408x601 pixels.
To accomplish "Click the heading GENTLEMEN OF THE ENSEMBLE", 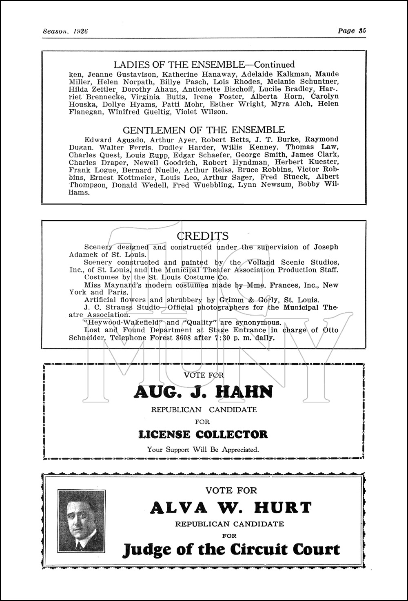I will coord(204,130).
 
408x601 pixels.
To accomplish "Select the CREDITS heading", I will coord(203,236).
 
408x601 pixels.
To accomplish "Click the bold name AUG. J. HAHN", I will coord(203,392).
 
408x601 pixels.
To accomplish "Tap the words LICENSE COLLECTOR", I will coord(203,434).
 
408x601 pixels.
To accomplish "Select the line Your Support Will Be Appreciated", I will coord(203,450).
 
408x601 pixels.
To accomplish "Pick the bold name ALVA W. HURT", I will coord(231,508).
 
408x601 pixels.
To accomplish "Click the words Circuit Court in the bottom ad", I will coord(285,550).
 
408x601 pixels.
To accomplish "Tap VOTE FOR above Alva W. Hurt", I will coord(231,491).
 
